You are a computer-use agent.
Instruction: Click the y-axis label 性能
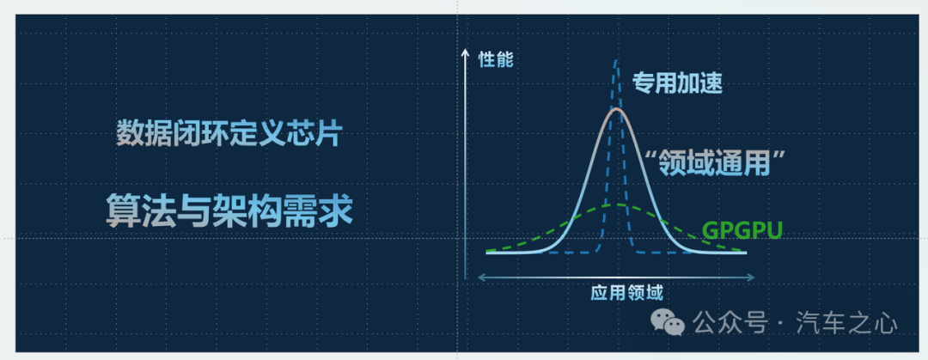(x=496, y=60)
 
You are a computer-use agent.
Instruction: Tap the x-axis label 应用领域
(x=626, y=293)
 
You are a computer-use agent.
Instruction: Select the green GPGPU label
(x=742, y=229)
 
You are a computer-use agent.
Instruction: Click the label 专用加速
(x=677, y=83)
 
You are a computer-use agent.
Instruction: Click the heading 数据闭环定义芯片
(x=228, y=134)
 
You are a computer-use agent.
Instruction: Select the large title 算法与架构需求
(x=229, y=210)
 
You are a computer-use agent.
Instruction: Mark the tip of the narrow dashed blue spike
(x=617, y=60)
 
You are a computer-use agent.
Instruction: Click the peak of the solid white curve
(x=616, y=109)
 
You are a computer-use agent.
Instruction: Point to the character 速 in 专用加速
(x=712, y=83)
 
